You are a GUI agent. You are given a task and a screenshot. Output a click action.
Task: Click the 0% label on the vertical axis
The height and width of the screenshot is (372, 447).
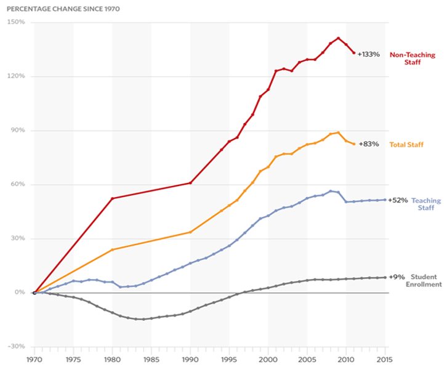(x=20, y=293)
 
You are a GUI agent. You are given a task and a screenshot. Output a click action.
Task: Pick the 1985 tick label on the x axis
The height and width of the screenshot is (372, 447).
(x=151, y=358)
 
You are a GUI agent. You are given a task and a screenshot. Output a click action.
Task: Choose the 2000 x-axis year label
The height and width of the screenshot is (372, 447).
(x=268, y=358)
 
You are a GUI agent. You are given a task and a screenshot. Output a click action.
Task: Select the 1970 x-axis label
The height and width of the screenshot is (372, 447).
(x=34, y=358)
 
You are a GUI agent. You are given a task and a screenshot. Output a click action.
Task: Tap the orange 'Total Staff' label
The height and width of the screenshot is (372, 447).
(x=407, y=145)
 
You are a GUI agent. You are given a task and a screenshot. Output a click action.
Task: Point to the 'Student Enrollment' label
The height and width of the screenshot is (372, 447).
(x=424, y=281)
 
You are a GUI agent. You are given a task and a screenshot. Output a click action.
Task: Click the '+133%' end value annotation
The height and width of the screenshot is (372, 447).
(x=369, y=54)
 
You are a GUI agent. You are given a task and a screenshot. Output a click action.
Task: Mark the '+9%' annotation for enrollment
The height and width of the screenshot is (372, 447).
(x=396, y=277)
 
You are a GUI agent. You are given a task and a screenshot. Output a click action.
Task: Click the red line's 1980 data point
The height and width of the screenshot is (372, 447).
(x=112, y=198)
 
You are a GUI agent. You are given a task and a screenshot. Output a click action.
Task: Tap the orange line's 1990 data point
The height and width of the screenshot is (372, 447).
(x=190, y=232)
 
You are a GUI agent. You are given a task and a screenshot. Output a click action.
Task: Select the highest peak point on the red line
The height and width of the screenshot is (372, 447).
(x=338, y=38)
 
